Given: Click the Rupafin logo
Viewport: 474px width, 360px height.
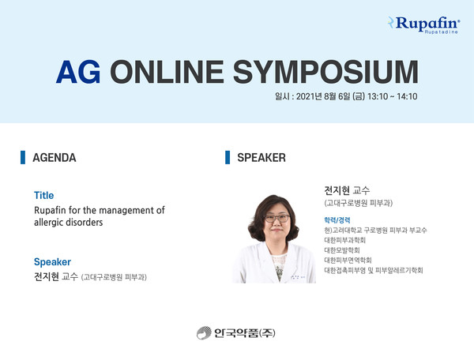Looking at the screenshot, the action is tap(423, 24).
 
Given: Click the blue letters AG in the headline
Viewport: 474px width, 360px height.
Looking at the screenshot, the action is tap(78, 72).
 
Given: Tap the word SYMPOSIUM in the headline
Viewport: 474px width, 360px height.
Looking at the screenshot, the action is tap(325, 72).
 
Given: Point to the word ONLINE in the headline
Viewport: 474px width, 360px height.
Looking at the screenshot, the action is tap(167, 72).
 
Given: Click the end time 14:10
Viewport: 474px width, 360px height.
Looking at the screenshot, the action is tap(407, 96).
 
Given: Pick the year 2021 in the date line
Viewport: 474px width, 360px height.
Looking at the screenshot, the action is tap(305, 96).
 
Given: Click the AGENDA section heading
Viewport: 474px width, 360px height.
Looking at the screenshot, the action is tap(55, 158).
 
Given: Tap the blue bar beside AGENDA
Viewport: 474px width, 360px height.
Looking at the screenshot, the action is tap(23, 157).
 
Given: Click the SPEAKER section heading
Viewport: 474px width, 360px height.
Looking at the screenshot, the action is tap(261, 158).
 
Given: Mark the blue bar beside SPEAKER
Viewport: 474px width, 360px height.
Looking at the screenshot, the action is tap(228, 157).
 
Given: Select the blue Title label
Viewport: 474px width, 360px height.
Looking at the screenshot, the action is tap(43, 196).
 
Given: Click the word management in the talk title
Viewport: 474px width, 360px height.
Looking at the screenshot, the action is tap(127, 210).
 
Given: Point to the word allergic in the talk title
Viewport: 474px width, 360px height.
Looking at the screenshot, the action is tap(48, 223).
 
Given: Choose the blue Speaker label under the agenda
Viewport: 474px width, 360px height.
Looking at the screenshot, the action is tap(52, 262).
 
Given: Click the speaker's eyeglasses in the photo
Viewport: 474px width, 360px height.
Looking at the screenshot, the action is tap(277, 218).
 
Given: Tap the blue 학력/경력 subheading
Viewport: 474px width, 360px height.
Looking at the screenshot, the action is tap(337, 220).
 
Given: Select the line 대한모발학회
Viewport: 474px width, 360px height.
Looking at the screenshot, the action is tap(342, 250).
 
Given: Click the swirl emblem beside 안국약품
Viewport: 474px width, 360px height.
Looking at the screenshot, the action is tap(204, 333).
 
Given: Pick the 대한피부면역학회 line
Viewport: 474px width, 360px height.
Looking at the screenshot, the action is tap(348, 260).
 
